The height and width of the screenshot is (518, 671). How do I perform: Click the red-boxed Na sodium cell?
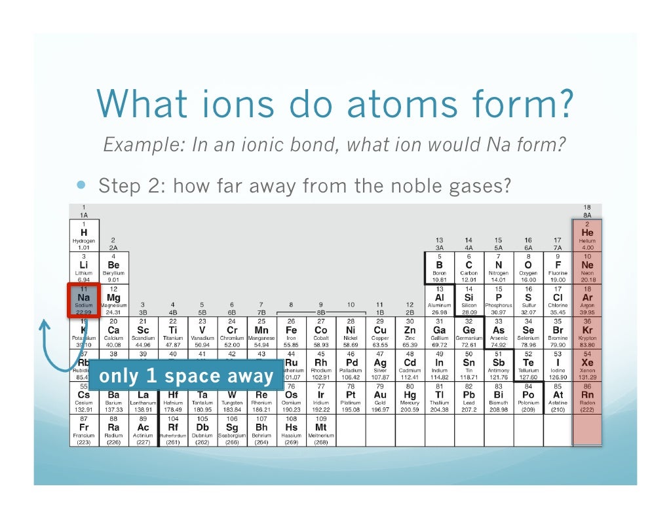click(x=83, y=301)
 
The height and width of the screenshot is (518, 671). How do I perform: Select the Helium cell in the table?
click(x=586, y=236)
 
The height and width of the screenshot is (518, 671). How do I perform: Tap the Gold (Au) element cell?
click(x=380, y=398)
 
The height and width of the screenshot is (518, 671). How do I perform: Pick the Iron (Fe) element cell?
click(x=291, y=333)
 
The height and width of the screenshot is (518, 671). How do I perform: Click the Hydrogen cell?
click(x=83, y=236)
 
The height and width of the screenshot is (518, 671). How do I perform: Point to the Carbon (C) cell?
click(x=469, y=268)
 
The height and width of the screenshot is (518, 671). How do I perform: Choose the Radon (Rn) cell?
click(x=586, y=398)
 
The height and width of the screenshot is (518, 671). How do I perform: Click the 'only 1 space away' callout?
click(x=185, y=376)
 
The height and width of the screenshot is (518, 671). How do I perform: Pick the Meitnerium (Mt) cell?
click(x=321, y=430)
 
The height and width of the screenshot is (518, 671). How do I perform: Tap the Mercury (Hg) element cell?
click(x=410, y=398)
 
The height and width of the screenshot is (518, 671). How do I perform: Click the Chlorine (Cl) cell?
click(x=557, y=301)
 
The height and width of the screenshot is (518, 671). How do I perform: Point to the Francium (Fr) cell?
click(x=83, y=430)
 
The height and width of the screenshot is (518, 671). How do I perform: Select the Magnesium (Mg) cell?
click(x=113, y=301)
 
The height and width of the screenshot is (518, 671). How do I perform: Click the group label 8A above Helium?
click(x=586, y=214)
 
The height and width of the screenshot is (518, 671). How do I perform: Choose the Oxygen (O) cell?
click(x=527, y=268)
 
